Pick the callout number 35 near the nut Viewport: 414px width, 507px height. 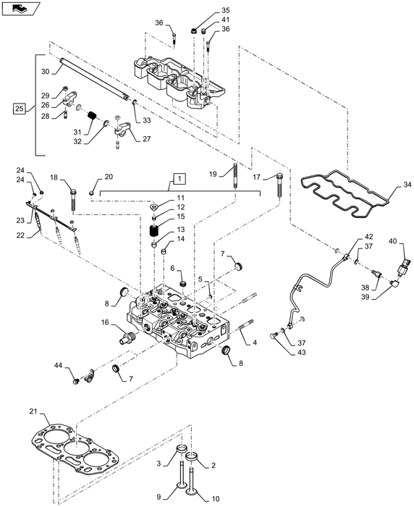204,10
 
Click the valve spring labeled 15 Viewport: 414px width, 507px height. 154,232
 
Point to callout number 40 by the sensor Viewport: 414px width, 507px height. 393,240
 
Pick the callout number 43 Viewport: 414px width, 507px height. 302,353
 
